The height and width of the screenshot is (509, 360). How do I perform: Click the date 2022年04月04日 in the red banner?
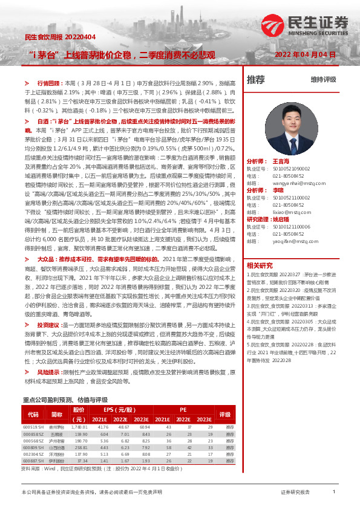(305, 54)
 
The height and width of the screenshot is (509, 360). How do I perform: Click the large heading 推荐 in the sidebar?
(256, 79)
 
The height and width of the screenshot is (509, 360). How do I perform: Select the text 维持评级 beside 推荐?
(323, 79)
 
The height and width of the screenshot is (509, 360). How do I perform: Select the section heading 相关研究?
(260, 265)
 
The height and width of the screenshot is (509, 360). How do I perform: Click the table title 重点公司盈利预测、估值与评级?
(65, 383)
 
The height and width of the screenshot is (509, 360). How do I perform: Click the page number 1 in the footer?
(333, 492)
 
